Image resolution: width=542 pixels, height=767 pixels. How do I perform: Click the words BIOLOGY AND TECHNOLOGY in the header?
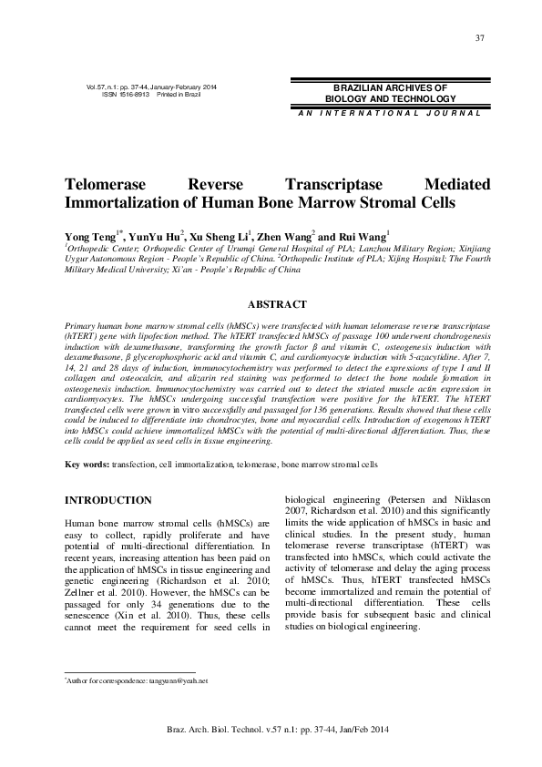(390, 98)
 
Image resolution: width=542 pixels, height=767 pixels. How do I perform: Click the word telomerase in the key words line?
(255, 465)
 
